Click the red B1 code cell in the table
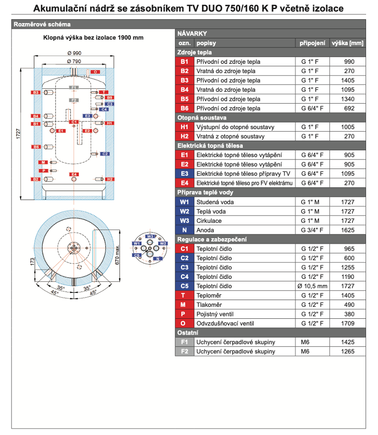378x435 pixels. [185, 62]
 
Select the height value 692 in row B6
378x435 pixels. [349, 109]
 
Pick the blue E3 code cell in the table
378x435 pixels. [185, 174]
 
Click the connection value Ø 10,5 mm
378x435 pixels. [312, 286]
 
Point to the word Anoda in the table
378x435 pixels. [205, 230]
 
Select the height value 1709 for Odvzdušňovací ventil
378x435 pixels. [348, 324]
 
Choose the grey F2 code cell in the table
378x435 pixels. [185, 351]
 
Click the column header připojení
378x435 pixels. [312, 43]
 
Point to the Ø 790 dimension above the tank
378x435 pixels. [74, 61]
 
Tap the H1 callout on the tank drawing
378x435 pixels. [110, 123]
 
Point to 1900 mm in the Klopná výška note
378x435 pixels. [130, 37]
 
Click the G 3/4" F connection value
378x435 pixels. [312, 230]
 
